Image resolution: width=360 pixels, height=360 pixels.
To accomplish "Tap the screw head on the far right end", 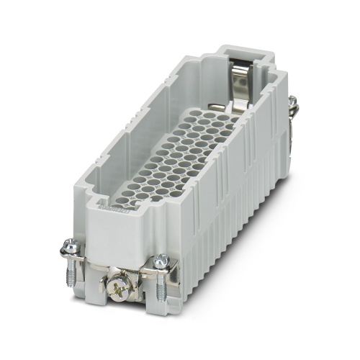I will [x=293, y=105].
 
